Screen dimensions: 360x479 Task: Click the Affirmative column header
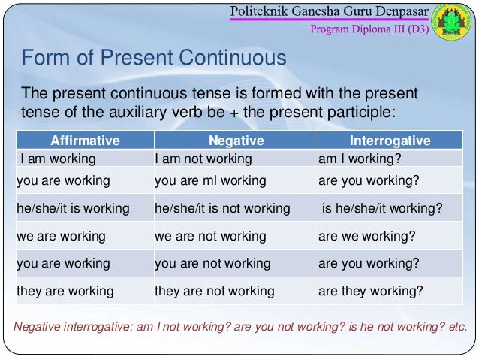[84, 141]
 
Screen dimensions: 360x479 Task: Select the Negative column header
[235, 141]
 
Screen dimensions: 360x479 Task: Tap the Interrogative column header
[390, 141]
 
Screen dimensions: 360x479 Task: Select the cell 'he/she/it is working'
[73, 208]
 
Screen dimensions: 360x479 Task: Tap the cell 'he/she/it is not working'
[221, 208]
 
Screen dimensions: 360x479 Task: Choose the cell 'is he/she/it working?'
[381, 208]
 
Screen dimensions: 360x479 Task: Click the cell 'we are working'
[61, 236]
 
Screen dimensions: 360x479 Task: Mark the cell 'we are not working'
[209, 236]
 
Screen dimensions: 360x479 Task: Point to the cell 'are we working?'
[364, 236]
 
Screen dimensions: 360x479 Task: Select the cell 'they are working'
[65, 291]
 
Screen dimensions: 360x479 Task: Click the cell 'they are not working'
[214, 291]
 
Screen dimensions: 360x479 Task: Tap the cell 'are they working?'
[370, 291]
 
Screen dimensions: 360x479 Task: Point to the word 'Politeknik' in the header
[262, 13]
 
